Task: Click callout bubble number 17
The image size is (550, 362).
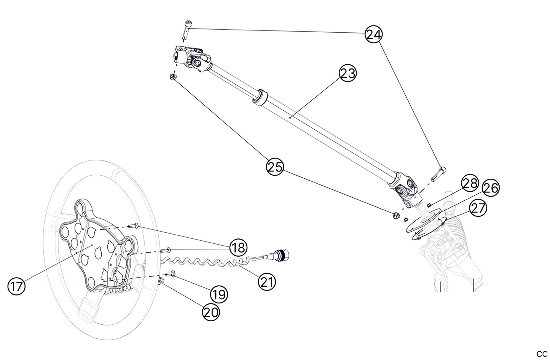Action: pos(16,286)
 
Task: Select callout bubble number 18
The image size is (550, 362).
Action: pos(238,248)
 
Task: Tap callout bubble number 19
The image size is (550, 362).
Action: pos(219,294)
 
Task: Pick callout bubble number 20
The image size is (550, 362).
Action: pos(210,312)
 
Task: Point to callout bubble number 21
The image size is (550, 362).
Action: pos(267,282)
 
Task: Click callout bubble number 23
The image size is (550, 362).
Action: pos(348,73)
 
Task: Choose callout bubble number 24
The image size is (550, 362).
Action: pos(373,35)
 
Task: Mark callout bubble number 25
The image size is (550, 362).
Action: pos(275,167)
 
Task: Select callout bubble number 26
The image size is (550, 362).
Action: pos(491,188)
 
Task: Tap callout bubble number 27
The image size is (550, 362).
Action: pos(478,208)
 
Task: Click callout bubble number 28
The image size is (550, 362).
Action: pos(470,183)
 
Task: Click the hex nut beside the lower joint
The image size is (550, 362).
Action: pos(395,216)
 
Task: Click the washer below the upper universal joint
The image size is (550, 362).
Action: pos(172,77)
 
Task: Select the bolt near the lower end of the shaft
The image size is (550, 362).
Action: pos(438,174)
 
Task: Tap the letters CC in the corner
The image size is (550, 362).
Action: pos(542,354)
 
